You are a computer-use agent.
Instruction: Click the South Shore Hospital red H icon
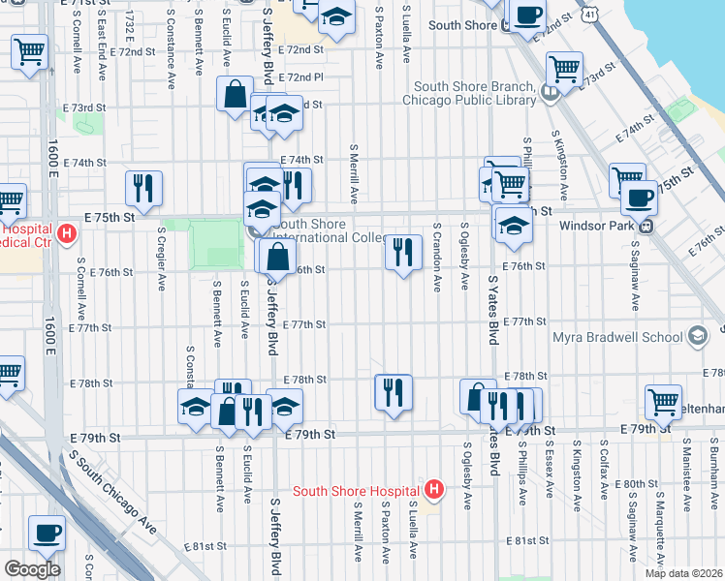[434, 490]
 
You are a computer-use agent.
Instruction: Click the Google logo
[31, 568]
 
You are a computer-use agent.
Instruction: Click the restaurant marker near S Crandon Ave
[403, 252]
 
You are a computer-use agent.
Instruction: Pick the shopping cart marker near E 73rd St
[564, 70]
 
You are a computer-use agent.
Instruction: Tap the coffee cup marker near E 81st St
[47, 534]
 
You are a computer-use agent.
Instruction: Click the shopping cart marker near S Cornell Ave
[30, 51]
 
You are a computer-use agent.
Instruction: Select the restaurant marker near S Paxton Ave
[394, 392]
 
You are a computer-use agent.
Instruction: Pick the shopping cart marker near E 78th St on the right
[662, 401]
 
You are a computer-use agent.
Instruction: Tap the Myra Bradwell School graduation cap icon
[696, 336]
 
